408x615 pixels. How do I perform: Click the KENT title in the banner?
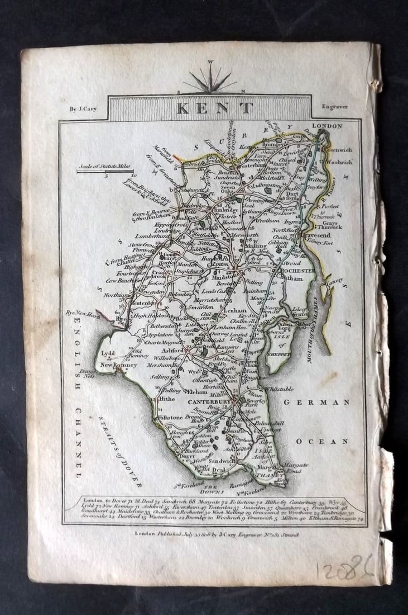215,108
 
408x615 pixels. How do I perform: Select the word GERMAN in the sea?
318,402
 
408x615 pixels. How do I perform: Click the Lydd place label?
108,353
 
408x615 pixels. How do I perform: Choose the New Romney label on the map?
118,365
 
